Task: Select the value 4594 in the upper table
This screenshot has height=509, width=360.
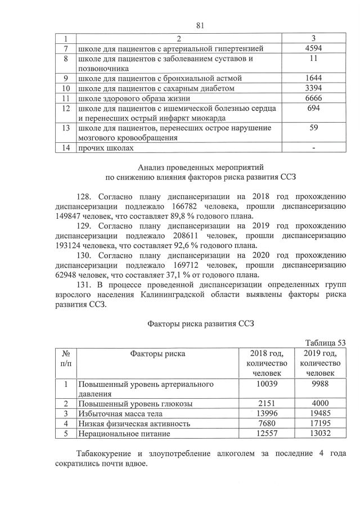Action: click(313, 49)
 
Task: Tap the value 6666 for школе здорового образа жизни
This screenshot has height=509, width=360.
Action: click(313, 98)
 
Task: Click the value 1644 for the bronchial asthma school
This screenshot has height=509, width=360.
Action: click(313, 78)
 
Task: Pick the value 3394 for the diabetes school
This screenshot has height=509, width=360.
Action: click(313, 88)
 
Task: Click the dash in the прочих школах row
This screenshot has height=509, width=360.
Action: click(313, 148)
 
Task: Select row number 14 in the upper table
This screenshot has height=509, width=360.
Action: click(66, 148)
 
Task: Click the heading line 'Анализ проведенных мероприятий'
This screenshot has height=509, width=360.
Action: click(200, 167)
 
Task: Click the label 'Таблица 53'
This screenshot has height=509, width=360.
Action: click(325, 343)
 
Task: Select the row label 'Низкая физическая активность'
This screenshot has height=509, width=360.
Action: click(134, 424)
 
